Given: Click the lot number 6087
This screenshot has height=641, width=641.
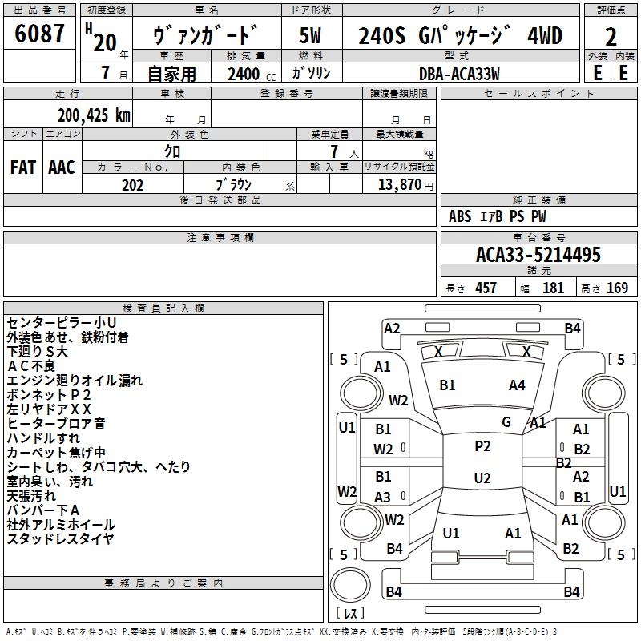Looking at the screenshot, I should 39,34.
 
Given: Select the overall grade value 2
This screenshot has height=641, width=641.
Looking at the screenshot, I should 611,36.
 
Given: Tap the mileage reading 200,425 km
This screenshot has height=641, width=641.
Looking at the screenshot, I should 94,115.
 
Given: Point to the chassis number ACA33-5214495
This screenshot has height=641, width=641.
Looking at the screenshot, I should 538,255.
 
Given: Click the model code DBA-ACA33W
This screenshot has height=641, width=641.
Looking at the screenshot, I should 459,74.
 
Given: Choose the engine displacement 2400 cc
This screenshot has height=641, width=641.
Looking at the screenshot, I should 244,74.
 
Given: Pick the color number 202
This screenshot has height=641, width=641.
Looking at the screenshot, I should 132,185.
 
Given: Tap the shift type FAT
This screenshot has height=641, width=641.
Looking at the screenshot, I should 22,167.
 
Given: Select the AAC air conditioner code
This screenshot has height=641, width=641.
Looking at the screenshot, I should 62,167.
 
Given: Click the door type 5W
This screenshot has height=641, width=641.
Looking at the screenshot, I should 312,36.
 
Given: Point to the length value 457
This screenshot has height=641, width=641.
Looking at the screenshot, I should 486,288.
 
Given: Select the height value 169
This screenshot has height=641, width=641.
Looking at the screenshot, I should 617,288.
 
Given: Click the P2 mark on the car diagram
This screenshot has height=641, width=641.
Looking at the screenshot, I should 482,446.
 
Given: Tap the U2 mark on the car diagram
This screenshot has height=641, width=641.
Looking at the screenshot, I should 482,478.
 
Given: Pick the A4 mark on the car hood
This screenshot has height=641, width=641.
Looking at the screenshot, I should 517,385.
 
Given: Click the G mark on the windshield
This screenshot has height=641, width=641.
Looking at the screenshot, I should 506,422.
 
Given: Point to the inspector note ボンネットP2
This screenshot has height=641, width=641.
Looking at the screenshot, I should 49,395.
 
